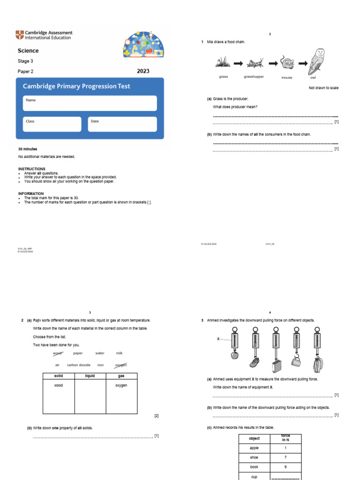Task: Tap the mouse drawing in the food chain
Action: point(286,62)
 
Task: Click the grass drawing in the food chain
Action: point(223,62)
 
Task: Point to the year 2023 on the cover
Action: point(143,71)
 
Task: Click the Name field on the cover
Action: point(90,103)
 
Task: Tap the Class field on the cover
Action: point(52,124)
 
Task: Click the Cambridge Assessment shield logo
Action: point(19,35)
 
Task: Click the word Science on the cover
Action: point(28,51)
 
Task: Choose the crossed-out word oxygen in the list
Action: point(121,365)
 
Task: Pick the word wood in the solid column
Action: point(58,385)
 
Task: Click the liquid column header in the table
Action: point(90,376)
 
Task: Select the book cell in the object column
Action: point(254,467)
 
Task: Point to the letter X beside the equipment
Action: point(218,338)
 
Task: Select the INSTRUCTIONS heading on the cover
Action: point(32,169)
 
